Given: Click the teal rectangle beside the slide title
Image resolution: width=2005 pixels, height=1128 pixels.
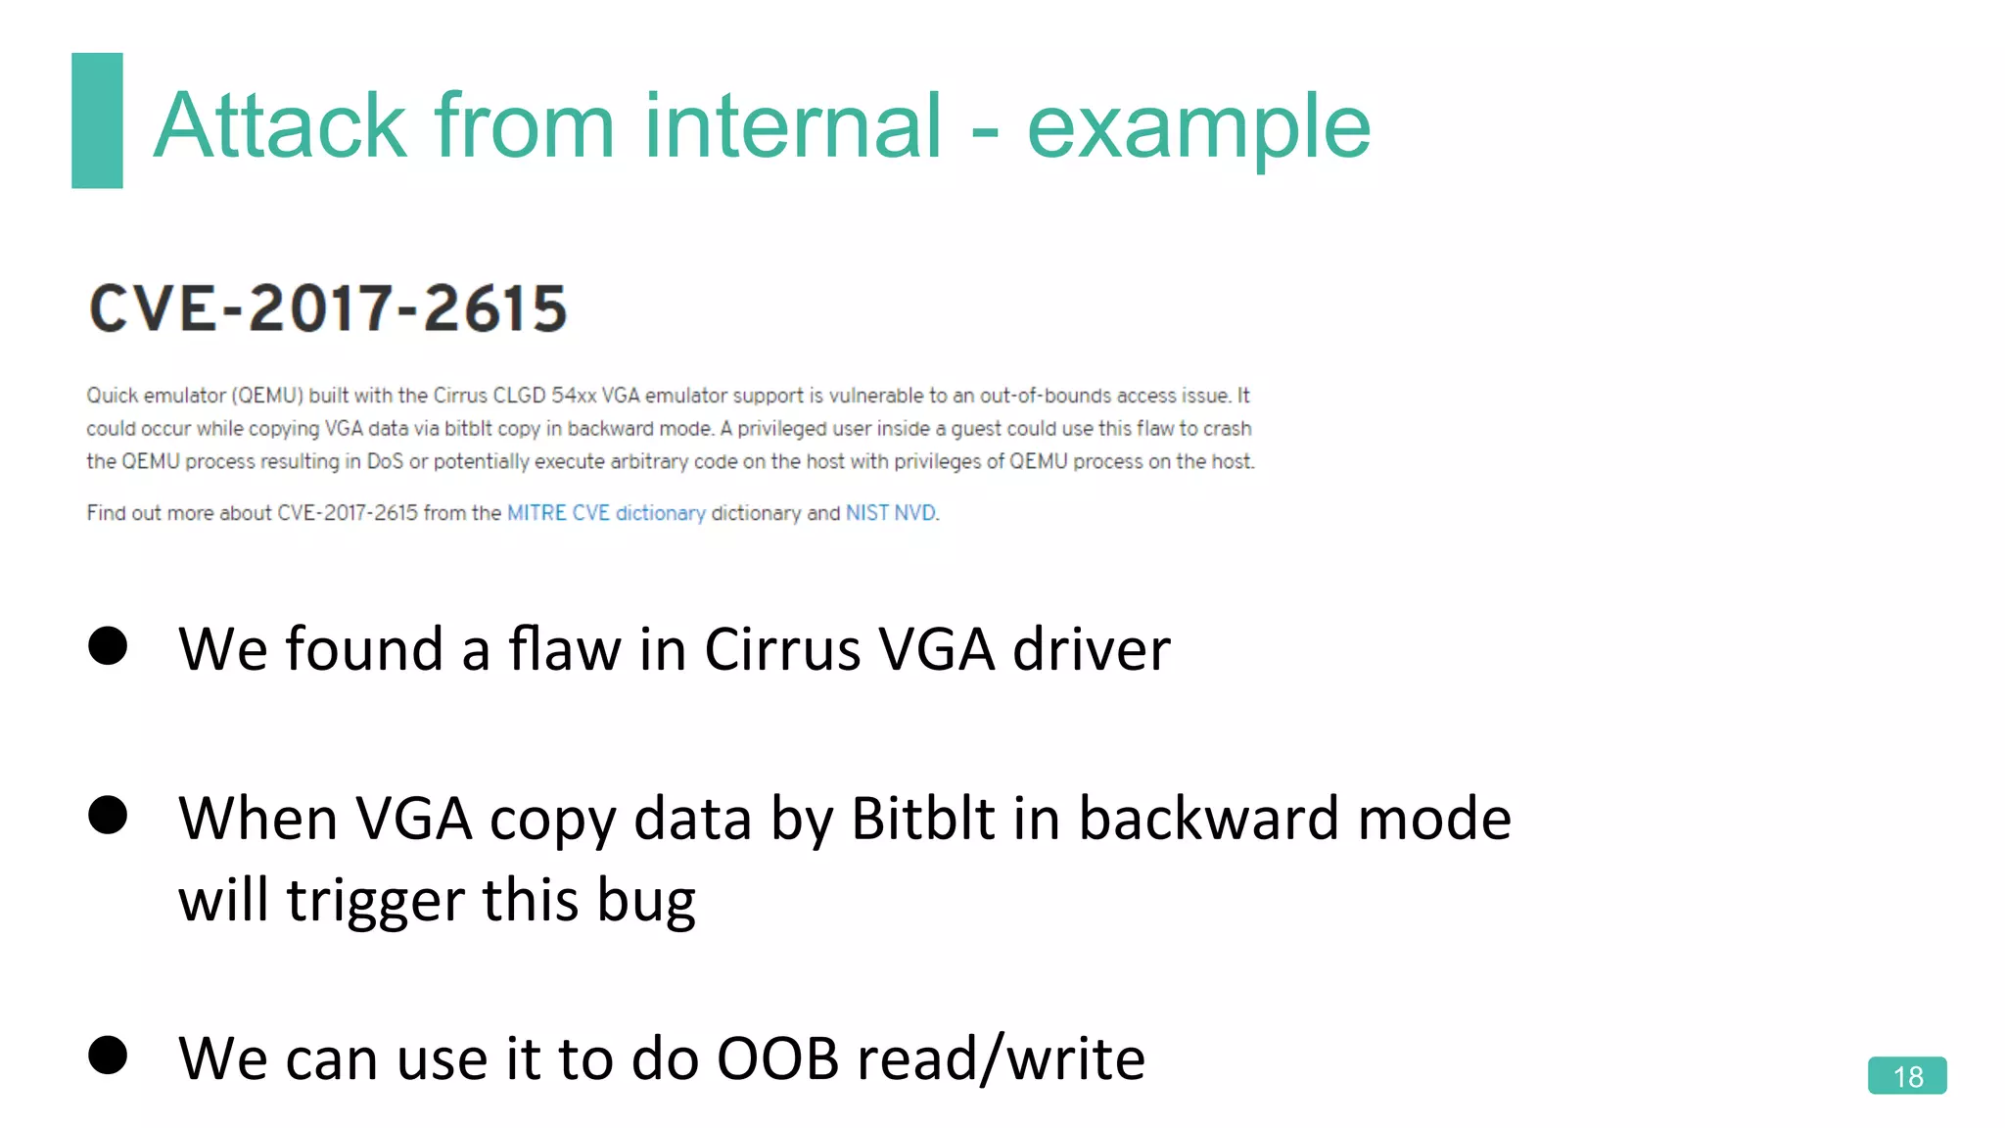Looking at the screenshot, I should click(x=97, y=120).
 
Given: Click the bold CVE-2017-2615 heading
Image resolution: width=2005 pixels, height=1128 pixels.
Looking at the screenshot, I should click(x=328, y=308).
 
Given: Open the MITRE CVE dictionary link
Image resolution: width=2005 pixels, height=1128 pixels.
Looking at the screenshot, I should click(x=606, y=513).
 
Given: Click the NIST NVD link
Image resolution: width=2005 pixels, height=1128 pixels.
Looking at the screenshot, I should click(x=890, y=513).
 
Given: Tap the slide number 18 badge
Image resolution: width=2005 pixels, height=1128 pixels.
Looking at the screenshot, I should click(x=1906, y=1076).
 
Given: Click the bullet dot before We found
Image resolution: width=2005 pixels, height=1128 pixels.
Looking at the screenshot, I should click(x=108, y=646).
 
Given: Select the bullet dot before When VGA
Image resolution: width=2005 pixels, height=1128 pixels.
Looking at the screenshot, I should click(x=108, y=815).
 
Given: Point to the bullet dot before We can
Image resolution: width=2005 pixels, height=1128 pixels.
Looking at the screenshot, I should click(x=108, y=1056).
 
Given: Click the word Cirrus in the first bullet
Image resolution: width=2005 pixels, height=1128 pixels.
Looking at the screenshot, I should click(x=782, y=649).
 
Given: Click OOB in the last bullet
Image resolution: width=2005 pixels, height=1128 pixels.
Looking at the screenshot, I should click(x=777, y=1058).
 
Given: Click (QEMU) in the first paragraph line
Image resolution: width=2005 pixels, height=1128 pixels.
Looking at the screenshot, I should click(x=267, y=396).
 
